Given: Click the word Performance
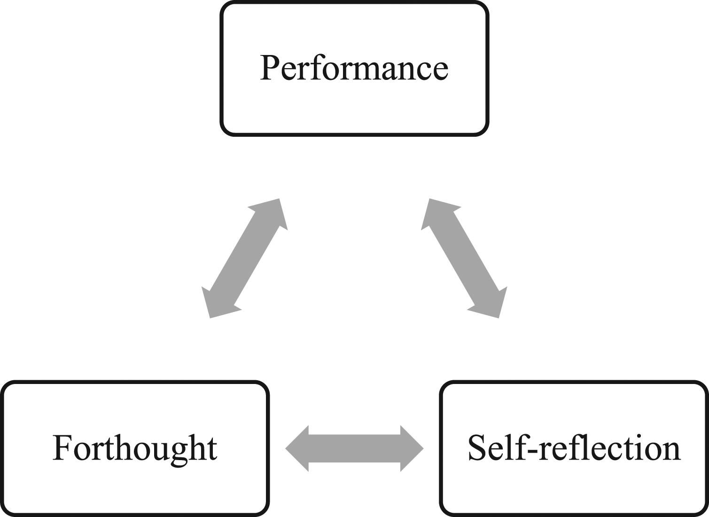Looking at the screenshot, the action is [x=354, y=68].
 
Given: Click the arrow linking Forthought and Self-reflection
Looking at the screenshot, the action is [x=354, y=448].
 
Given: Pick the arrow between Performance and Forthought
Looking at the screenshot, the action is [x=245, y=258].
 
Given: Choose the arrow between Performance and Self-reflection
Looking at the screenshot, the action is [x=464, y=258].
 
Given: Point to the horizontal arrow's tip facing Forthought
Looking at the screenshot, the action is [x=286, y=448].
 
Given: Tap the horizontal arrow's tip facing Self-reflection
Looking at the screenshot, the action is [x=423, y=448].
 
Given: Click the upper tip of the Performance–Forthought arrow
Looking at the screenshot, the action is [x=279, y=199].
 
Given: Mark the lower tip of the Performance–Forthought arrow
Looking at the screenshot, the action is [x=210, y=318].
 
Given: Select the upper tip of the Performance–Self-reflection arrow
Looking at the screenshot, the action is [x=429, y=199].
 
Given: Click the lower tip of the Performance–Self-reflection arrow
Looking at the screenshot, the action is [x=499, y=318].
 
